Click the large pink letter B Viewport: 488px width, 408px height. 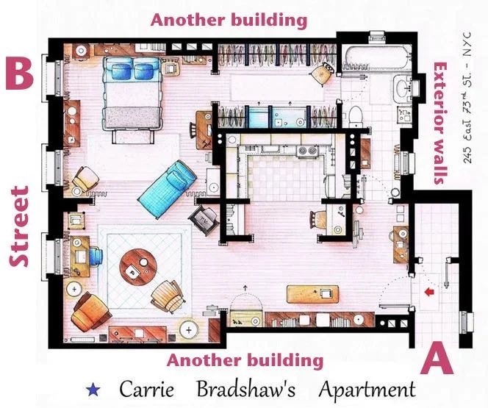pos(19,74)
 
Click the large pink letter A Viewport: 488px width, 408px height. pos(437,358)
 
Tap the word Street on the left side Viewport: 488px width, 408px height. pos(19,226)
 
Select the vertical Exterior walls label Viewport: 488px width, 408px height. pos(440,124)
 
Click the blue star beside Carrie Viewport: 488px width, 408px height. pos(93,390)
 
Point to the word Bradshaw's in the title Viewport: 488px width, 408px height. pos(246,389)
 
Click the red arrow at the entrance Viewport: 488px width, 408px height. pos(429,292)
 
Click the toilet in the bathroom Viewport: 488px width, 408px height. pos(355,117)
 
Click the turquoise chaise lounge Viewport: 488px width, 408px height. pos(168,189)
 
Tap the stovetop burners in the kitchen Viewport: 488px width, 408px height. pos(307,151)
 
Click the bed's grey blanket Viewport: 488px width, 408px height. pos(132,118)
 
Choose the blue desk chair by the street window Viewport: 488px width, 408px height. pos(96,257)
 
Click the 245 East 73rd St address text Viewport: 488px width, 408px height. pos(467,98)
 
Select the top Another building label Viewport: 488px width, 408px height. pos(229,21)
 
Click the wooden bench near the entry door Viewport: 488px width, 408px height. pos(312,294)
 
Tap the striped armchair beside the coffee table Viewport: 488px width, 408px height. pos(168,296)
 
